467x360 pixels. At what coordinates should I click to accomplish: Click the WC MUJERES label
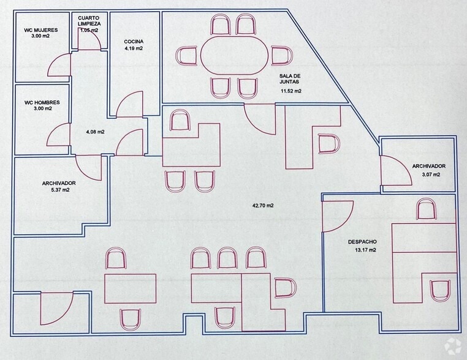click(x=41, y=30)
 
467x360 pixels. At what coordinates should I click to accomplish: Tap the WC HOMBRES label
click(x=42, y=102)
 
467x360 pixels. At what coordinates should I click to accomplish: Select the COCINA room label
click(x=134, y=42)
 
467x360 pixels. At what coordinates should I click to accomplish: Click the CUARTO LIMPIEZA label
click(x=89, y=21)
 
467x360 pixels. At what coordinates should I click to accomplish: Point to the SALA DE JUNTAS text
click(x=290, y=79)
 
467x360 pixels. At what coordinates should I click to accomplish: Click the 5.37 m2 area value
click(x=61, y=190)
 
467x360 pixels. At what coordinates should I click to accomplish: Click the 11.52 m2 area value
click(x=290, y=91)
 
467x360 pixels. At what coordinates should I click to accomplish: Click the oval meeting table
click(x=235, y=56)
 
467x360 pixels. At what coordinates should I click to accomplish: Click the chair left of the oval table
click(x=186, y=56)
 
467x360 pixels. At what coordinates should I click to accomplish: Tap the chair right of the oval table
click(x=282, y=56)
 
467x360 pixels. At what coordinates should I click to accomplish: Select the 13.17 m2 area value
click(x=365, y=250)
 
